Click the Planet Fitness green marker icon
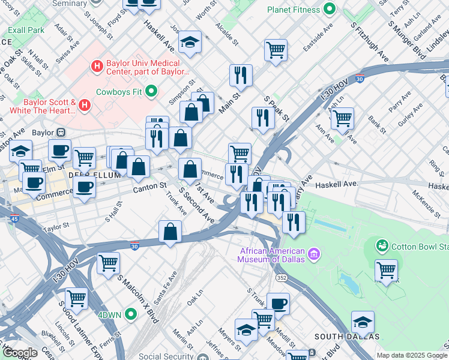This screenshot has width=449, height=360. click(x=328, y=9)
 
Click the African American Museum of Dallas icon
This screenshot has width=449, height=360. click(x=313, y=256)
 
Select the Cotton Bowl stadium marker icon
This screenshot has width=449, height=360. click(x=382, y=246)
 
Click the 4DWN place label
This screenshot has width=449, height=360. click(x=109, y=315)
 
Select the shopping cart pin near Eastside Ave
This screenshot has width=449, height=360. click(x=276, y=50)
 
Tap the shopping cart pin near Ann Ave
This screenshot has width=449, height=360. click(x=342, y=118)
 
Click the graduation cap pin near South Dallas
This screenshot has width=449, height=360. click(x=363, y=322)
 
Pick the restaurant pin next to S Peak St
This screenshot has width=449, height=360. click(x=263, y=118)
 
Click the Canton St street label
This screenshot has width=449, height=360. click(x=149, y=188)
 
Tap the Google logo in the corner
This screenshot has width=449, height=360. click(x=20, y=353)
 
